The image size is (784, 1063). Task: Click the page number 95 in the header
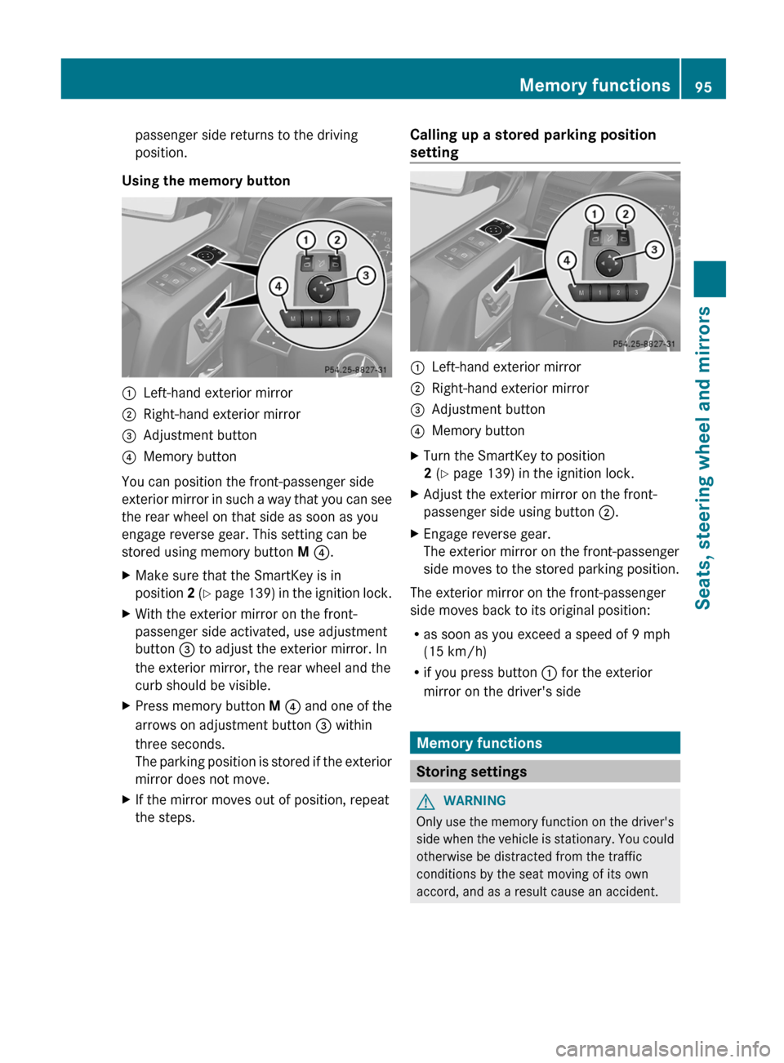pyautogui.click(x=703, y=87)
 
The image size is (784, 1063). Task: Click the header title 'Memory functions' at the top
pyautogui.click(x=594, y=86)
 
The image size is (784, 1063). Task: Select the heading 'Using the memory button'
pyautogui.click(x=206, y=181)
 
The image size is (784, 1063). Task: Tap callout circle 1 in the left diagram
pyautogui.click(x=306, y=240)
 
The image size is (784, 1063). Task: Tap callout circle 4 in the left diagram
pyautogui.click(x=278, y=286)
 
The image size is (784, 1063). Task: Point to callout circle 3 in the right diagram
pyautogui.click(x=654, y=250)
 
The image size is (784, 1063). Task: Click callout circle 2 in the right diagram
pyautogui.click(x=625, y=214)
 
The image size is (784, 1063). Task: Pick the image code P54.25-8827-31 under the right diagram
pyautogui.click(x=644, y=344)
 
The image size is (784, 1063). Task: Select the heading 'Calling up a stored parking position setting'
pyautogui.click(x=532, y=144)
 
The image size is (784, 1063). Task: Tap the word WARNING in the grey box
pyautogui.click(x=474, y=801)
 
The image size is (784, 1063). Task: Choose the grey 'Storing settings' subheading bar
pyautogui.click(x=545, y=772)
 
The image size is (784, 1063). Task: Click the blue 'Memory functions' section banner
pyautogui.click(x=545, y=743)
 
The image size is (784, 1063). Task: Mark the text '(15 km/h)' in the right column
pyautogui.click(x=455, y=652)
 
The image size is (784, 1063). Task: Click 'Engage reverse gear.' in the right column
pyautogui.click(x=487, y=534)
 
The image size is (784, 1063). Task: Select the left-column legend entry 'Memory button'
pyautogui.click(x=189, y=456)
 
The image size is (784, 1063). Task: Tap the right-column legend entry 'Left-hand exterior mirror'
pyautogui.click(x=506, y=367)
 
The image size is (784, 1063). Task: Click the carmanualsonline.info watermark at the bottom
pyautogui.click(x=662, y=1048)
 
